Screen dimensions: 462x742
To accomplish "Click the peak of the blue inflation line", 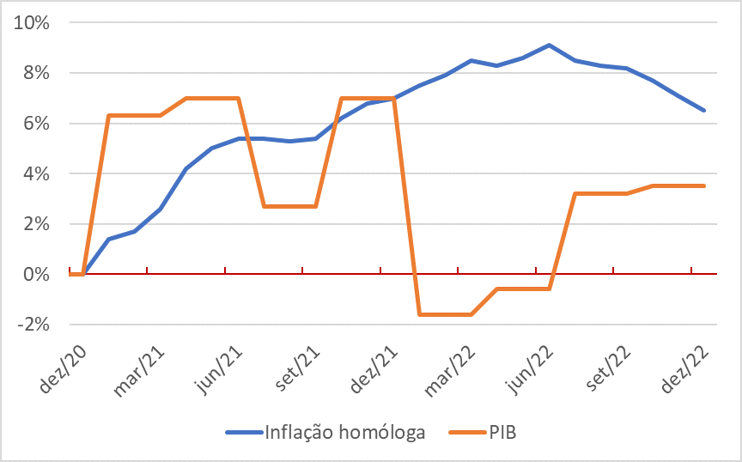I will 549,45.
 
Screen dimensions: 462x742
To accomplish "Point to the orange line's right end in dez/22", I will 704,185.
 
